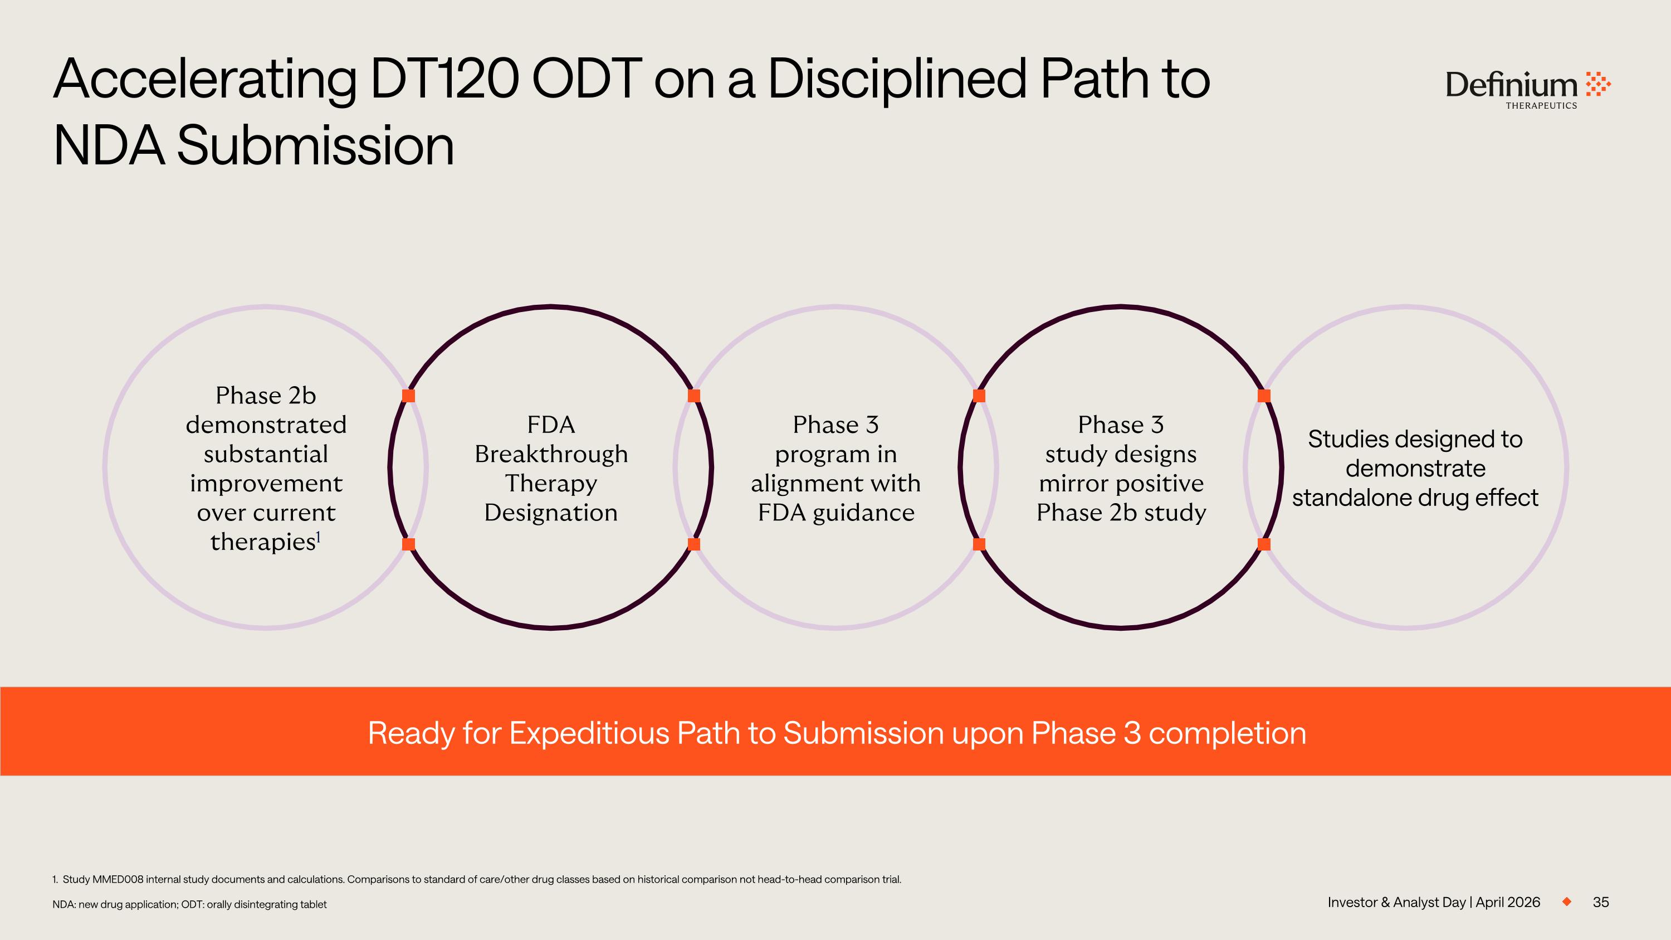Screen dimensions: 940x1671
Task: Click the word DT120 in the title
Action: click(x=444, y=79)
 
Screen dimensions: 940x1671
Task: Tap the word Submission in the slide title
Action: click(x=315, y=146)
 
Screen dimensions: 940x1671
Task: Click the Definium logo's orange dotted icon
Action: click(x=1597, y=84)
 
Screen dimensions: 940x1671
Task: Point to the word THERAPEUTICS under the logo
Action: click(x=1541, y=106)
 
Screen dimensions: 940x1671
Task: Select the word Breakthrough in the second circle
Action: click(x=551, y=454)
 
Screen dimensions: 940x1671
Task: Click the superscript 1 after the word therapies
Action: click(x=319, y=537)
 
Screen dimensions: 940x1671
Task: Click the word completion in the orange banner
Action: click(x=1227, y=733)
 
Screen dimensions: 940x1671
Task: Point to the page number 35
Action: click(x=1600, y=902)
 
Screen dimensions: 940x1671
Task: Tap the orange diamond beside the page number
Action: click(x=1566, y=902)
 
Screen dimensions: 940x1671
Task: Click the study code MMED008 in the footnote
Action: click(x=118, y=880)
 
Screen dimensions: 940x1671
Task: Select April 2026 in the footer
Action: click(x=1508, y=902)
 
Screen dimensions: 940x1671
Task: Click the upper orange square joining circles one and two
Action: click(x=409, y=396)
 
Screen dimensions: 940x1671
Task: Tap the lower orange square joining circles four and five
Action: click(x=1264, y=544)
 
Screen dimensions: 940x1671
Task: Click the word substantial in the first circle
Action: click(x=266, y=454)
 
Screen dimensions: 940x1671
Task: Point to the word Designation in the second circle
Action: click(x=551, y=513)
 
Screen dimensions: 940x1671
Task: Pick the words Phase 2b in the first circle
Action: click(x=266, y=395)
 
